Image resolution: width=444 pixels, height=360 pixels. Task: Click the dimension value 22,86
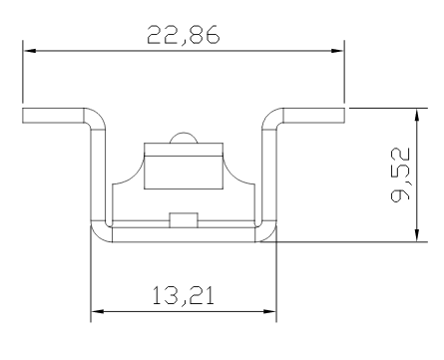click(184, 35)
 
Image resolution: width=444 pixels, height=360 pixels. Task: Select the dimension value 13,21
click(184, 296)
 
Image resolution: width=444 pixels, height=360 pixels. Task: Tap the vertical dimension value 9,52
click(400, 175)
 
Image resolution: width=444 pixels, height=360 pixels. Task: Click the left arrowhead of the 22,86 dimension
click(29, 51)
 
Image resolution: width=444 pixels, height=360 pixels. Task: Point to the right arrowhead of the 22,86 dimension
click(337, 51)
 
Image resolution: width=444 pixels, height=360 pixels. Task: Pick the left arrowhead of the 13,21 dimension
click(97, 311)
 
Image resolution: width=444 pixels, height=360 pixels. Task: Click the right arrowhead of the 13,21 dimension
click(269, 311)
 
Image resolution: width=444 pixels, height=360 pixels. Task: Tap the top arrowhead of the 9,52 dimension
click(416, 115)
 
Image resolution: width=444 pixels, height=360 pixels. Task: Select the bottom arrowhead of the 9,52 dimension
click(416, 235)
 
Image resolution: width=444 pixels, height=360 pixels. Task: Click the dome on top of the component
click(184, 138)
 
